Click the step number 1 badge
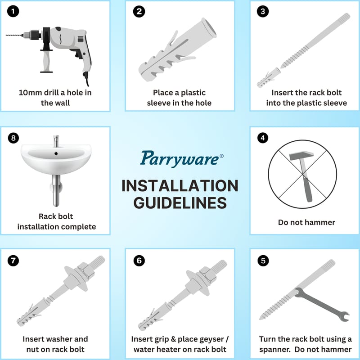[13, 12]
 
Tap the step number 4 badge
[263, 138]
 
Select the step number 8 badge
[13, 138]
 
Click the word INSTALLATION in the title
[180, 186]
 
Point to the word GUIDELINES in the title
[180, 203]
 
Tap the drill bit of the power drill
[14, 36]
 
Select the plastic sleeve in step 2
[177, 50]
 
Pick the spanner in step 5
[322, 305]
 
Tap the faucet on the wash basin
[56, 141]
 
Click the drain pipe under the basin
[56, 190]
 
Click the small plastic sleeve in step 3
[268, 77]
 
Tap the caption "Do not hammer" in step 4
[306, 222]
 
